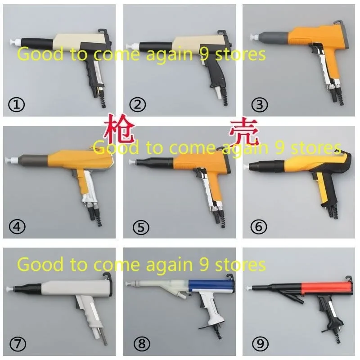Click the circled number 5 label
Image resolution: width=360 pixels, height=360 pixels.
137,227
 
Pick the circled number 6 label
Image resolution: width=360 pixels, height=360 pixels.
260,227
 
